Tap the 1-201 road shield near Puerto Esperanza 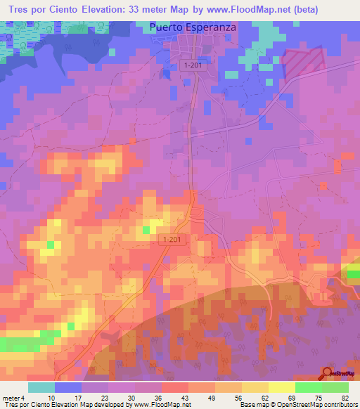point(192,65)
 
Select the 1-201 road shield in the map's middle point(170,240)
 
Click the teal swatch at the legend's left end point(41,388)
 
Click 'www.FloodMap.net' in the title point(246,10)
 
